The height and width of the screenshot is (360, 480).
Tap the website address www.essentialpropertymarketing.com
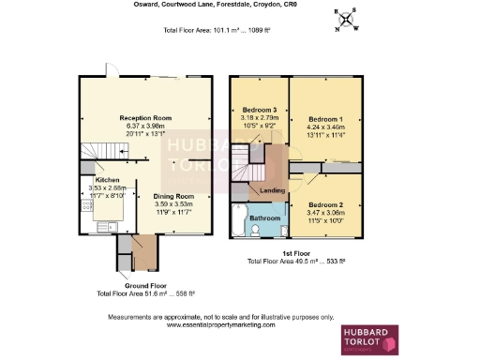[x=221, y=324]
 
